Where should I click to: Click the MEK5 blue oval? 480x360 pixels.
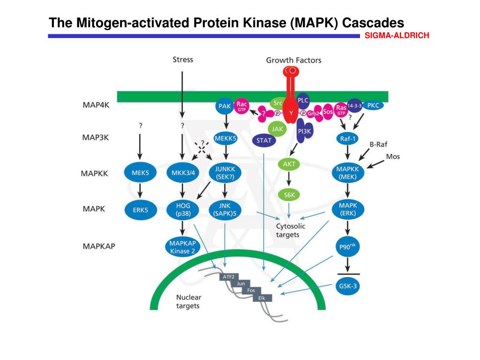click(x=140, y=172)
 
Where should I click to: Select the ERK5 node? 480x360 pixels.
click(x=140, y=210)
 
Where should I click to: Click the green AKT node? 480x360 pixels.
click(x=289, y=165)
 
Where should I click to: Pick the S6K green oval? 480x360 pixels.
click(x=289, y=195)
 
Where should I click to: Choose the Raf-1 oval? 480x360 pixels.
click(x=348, y=138)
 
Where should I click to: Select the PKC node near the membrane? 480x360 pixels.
click(x=374, y=106)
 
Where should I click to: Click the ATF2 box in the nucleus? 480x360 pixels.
click(x=228, y=277)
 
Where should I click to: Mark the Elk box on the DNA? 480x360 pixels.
click(x=262, y=298)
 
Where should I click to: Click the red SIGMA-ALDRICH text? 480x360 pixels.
click(x=397, y=35)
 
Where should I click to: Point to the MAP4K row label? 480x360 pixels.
click(x=96, y=105)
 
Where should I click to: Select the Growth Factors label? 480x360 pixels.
click(x=293, y=60)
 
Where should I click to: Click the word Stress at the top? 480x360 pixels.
click(x=183, y=60)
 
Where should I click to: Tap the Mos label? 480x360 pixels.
click(x=393, y=157)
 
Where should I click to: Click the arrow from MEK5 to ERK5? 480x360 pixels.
click(x=140, y=191)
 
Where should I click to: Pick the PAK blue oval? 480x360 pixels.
click(x=225, y=107)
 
